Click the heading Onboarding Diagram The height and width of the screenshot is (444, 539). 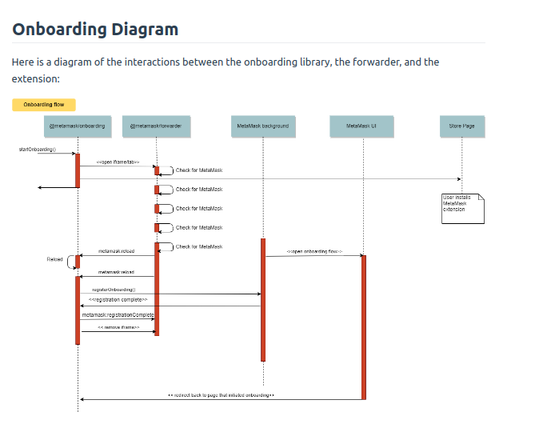point(95,30)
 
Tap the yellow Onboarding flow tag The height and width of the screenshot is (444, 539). point(44,105)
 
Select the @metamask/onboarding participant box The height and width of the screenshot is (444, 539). point(78,126)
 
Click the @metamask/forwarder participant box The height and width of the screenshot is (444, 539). point(156,126)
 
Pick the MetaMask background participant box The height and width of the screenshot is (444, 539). point(263,126)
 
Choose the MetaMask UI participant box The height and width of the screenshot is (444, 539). point(361,126)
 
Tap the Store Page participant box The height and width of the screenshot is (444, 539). point(461,126)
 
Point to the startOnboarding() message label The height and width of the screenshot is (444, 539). point(37,150)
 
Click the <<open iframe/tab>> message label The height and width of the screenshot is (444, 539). point(118,162)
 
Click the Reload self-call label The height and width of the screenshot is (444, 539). point(54,259)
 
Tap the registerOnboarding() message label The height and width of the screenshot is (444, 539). point(114,290)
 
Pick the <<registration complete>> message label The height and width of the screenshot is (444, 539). point(118,300)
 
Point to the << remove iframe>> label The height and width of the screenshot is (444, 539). point(118,327)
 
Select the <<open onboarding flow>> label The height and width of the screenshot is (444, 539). point(314,251)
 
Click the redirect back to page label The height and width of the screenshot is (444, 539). point(222,395)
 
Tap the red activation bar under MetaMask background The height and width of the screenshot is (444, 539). point(262,299)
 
